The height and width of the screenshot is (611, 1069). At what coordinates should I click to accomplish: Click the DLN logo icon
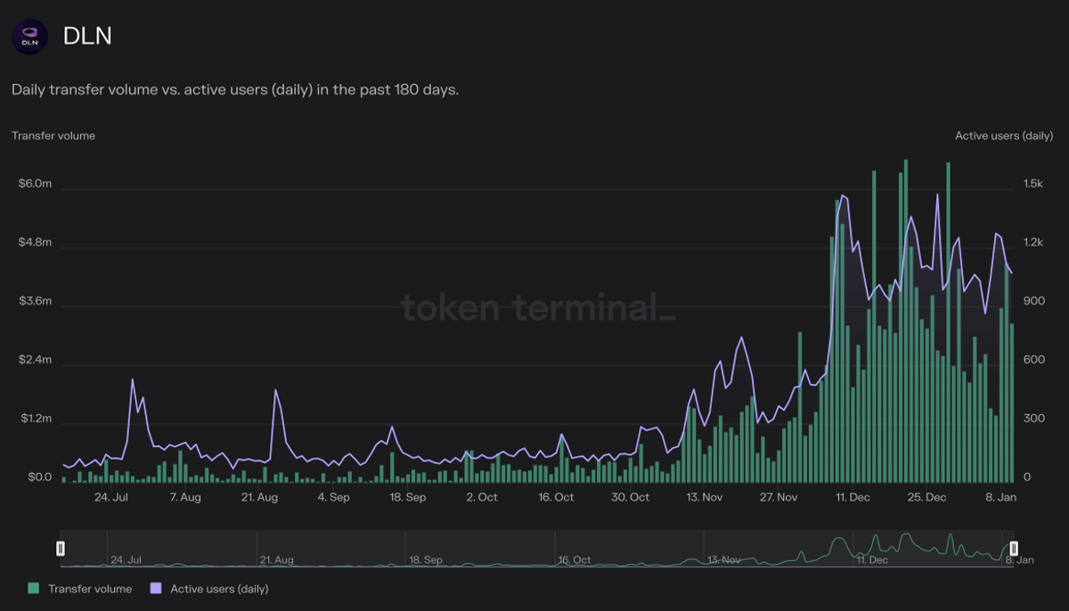pos(29,37)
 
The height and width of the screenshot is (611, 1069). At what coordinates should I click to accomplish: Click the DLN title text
pos(87,37)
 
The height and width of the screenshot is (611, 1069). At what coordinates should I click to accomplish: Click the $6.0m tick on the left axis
pos(35,183)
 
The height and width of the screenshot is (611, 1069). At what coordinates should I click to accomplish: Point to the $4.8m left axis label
pos(35,242)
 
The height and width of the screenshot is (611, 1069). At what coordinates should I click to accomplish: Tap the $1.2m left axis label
pos(35,419)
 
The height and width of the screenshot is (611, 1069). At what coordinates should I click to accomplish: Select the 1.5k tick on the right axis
pos(1032,183)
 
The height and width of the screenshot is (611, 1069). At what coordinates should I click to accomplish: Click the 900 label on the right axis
pos(1032,301)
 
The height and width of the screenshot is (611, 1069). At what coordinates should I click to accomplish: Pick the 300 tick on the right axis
pos(1032,419)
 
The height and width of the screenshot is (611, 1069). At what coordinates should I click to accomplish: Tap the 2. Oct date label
pos(481,497)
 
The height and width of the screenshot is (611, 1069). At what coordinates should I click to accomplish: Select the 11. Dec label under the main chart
pos(853,497)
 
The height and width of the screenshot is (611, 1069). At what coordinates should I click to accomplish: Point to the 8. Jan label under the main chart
pos(1000,497)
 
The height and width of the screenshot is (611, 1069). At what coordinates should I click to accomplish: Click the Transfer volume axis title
pos(53,136)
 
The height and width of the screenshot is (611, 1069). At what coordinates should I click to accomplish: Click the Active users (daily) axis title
pos(1004,136)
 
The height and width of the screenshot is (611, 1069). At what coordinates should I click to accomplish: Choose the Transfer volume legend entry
pos(81,589)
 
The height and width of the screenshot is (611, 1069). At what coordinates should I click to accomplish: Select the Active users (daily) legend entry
pos(210,589)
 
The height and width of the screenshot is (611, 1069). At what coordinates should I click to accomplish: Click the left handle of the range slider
pos(61,549)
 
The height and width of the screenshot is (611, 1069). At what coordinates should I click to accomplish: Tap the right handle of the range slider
pos(1014,549)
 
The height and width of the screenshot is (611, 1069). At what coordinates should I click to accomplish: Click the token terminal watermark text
pos(537,307)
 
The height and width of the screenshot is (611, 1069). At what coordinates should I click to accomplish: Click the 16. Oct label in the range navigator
pos(575,560)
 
